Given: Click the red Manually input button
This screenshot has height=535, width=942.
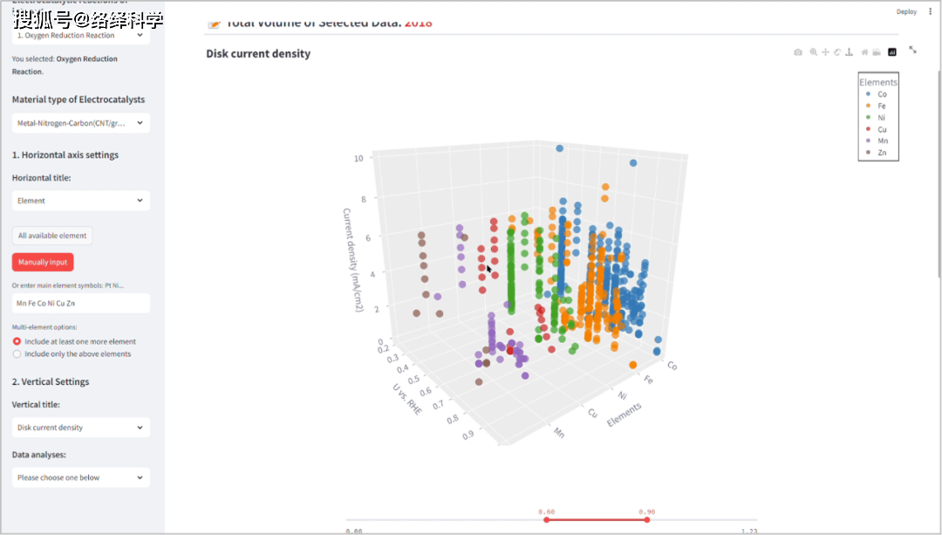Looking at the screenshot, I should coord(43,262).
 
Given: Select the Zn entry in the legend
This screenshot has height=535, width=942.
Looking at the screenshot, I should coord(882,153).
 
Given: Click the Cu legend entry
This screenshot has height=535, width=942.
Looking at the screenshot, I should coord(882,129).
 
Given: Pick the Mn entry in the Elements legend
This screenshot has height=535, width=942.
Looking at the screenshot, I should coord(882,141).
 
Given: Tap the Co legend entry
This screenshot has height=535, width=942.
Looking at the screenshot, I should coord(882,94).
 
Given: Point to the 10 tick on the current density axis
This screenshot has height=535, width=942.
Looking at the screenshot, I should coord(358,159).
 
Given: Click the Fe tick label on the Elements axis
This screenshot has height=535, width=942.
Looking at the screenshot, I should coord(648,381).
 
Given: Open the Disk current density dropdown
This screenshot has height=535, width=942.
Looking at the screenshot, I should coord(81,428).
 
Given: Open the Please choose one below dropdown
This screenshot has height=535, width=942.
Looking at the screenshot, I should coord(81,477).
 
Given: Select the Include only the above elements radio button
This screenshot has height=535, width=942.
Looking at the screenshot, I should coord(17,354).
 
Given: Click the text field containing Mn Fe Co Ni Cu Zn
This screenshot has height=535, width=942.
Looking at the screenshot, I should coord(81,303).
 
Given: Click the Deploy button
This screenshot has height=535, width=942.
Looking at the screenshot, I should coord(906,11).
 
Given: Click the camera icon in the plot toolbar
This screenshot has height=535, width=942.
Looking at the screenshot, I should coord(797,52).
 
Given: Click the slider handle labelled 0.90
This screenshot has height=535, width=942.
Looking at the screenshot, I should coord(646,520).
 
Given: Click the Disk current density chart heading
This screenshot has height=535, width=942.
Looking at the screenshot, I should coord(258,54).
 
